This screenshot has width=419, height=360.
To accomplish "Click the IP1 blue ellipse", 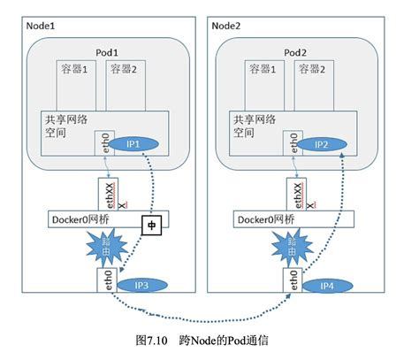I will (140, 142).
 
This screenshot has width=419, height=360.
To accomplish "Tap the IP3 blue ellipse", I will (140, 286).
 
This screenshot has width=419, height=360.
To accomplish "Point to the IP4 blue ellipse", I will (324, 286).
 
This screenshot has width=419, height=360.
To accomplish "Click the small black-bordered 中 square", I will (149, 226).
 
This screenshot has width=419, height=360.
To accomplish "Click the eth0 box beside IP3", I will (109, 285).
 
